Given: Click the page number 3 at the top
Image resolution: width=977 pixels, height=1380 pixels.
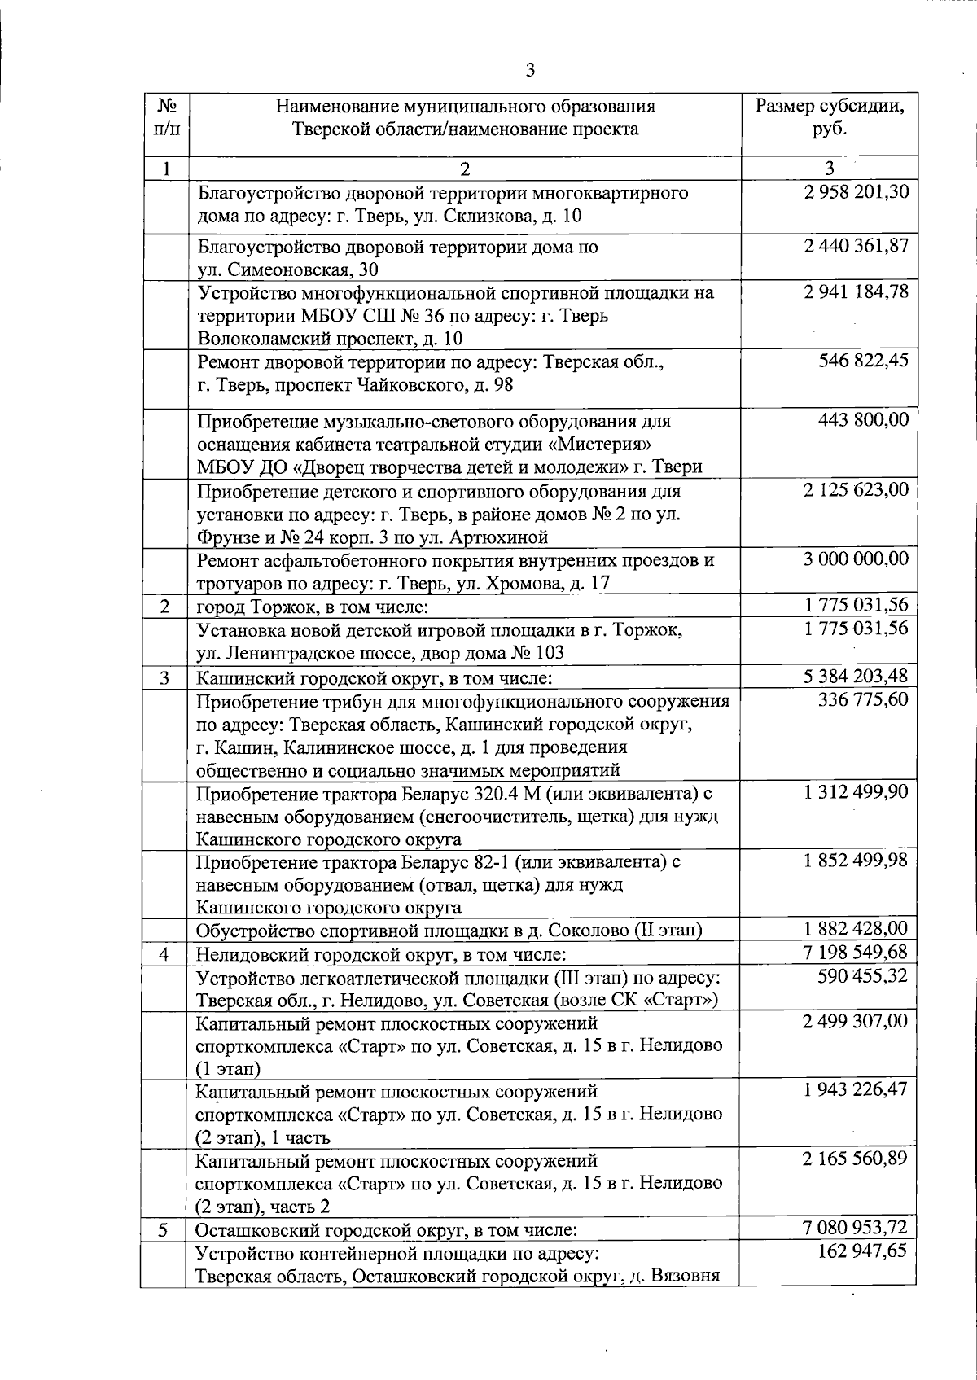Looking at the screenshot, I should pos(530,71).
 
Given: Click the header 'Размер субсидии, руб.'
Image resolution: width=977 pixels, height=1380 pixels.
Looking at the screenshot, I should pos(830,118).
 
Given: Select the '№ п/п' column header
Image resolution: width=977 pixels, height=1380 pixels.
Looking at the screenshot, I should pos(167,118).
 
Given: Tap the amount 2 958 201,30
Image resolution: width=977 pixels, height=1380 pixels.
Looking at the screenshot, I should pos(856,193).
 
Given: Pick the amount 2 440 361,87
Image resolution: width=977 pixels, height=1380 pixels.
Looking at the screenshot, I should pos(856,246).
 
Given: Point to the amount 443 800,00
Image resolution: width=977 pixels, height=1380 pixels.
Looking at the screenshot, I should pos(863,421).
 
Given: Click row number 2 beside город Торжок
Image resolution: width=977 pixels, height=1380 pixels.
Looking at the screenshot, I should pos(166,607).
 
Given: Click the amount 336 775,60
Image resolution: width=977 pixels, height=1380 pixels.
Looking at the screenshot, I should pos(863,700).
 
